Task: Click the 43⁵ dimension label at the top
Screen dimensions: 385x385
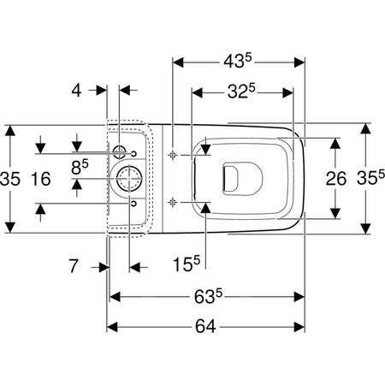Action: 238,61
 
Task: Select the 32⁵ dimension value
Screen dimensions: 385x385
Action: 241,92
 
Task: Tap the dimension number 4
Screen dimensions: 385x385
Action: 76,91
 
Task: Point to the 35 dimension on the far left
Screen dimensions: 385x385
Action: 10,179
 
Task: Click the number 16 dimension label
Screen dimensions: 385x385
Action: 41,179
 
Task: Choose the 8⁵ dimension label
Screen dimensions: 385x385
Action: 80,167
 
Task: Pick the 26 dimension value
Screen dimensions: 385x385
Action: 336,179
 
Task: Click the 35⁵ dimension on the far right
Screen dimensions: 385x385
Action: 370,177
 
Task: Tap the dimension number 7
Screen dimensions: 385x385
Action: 74,266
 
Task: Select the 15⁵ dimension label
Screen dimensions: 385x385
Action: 187,264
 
